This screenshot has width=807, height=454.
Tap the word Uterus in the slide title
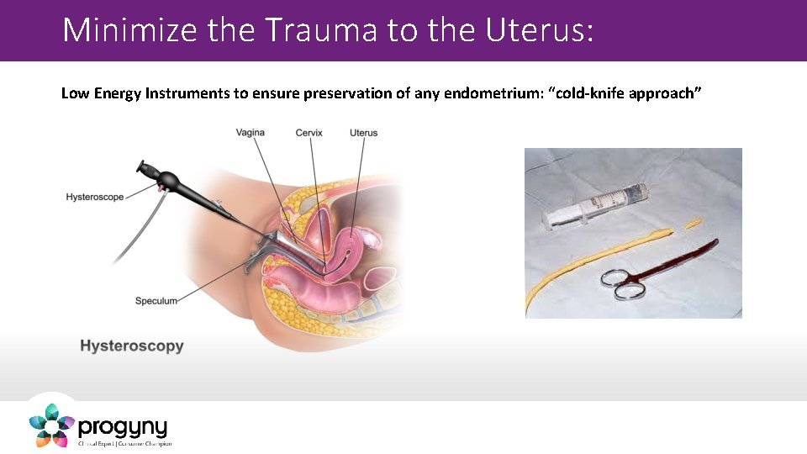pos(538,30)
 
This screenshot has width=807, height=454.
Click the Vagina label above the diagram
pos(251,133)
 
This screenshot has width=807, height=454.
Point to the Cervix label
pos(309,133)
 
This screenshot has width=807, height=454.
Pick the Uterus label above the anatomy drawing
pos(363,133)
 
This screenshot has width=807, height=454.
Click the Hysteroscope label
pos(94,197)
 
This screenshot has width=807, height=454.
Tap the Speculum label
pos(156,301)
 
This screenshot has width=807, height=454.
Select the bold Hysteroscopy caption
pos(131,346)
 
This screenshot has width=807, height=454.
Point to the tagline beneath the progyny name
pos(124,443)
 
